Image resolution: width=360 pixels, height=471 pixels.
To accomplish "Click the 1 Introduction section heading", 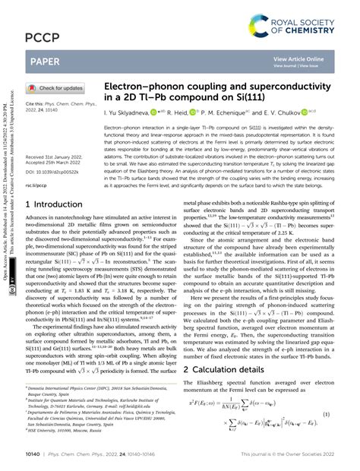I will click(x=57, y=205).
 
